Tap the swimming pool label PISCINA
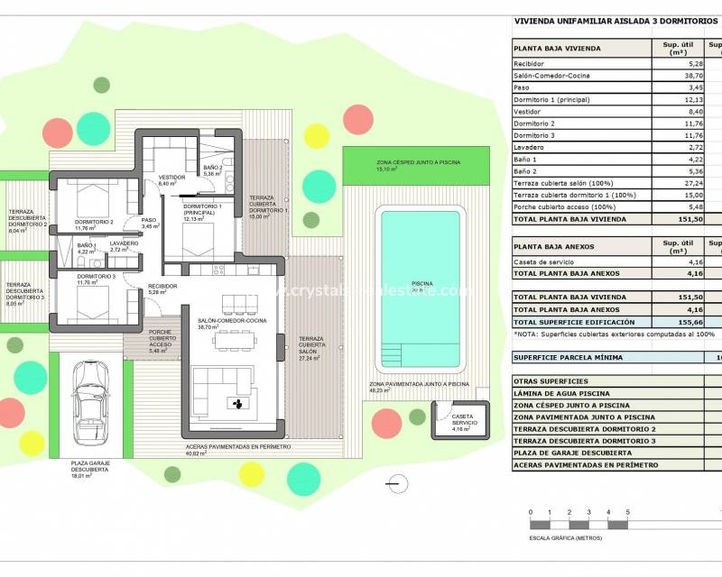(x=421, y=284)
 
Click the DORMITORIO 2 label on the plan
(x=94, y=222)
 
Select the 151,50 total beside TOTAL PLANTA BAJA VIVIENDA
(x=670, y=217)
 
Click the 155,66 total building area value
(x=670, y=322)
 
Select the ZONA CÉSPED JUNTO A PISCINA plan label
(x=419, y=162)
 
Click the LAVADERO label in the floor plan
(x=124, y=243)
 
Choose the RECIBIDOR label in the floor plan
(x=163, y=286)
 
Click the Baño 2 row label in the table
(x=525, y=170)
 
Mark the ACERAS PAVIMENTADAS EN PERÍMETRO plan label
(x=238, y=447)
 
